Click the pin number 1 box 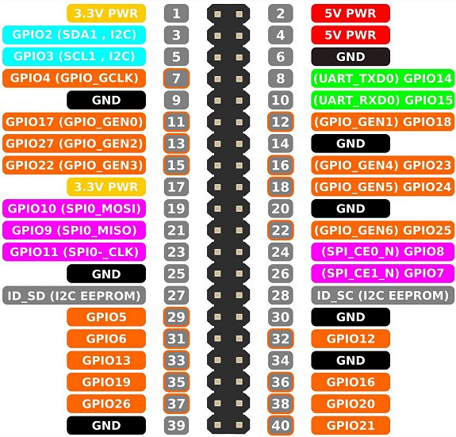tap(176, 13)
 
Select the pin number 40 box tap(281, 425)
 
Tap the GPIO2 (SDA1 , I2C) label tap(75, 35)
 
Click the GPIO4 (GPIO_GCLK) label tap(75, 79)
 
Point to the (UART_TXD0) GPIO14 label tap(383, 79)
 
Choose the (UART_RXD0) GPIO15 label tap(383, 100)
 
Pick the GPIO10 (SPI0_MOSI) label tap(75, 209)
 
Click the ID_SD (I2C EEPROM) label tap(75, 295)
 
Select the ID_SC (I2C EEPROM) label tap(383, 295)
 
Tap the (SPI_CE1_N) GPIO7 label tap(383, 274)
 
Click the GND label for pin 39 tap(106, 425)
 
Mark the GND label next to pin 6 tap(351, 56)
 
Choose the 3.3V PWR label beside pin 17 tap(106, 187)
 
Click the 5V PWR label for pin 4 tap(351, 35)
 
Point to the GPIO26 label tap(106, 404)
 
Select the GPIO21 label tap(351, 425)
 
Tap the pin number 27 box tap(176, 295)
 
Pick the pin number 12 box tap(281, 122)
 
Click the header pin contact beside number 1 tap(217, 14)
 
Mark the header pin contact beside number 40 tap(239, 425)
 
